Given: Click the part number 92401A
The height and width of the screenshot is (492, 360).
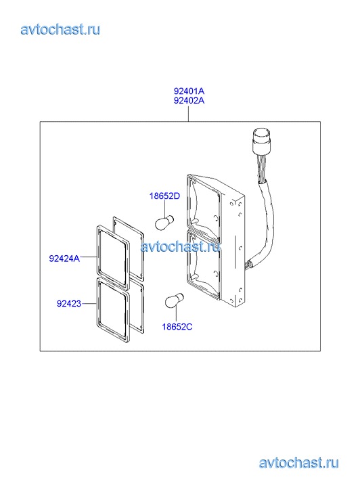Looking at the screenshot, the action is [x=189, y=91].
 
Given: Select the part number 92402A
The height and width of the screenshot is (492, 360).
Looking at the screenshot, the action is [x=189, y=100].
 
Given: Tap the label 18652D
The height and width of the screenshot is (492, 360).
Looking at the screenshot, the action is [x=164, y=196].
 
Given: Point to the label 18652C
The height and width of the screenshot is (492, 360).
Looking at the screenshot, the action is [x=177, y=327].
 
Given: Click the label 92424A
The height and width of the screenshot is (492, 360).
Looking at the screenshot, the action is [x=64, y=259].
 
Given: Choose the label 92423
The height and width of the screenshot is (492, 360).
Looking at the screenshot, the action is [x=69, y=304].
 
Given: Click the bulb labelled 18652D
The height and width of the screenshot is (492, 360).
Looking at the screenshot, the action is [x=164, y=222].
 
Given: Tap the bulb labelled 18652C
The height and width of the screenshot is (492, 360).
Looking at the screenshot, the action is [x=174, y=300].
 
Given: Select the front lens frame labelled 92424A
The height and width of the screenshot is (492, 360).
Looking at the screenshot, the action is [x=97, y=257].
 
